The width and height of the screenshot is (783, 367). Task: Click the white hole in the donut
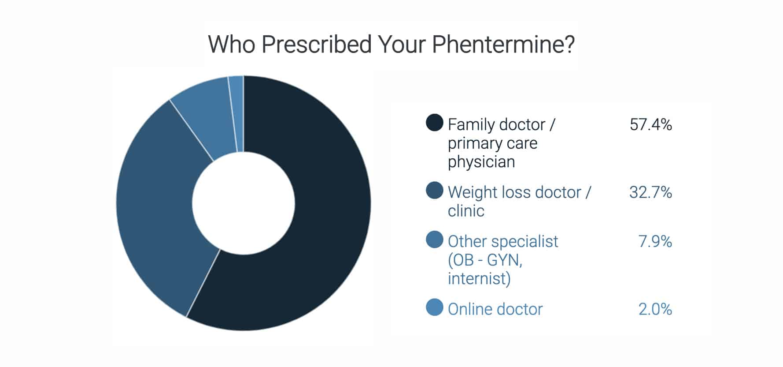(x=244, y=203)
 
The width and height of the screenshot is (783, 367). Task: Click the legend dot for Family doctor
(x=434, y=123)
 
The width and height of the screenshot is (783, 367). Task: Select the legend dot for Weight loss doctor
(x=434, y=191)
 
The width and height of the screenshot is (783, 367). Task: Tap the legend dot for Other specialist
(x=434, y=240)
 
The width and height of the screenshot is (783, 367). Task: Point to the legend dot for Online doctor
(x=434, y=307)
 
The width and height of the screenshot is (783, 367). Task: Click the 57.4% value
(x=650, y=125)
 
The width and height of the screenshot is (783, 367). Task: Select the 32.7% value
(x=650, y=192)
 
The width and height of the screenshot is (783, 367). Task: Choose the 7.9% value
(x=655, y=242)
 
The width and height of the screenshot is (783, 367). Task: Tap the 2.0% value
(x=655, y=309)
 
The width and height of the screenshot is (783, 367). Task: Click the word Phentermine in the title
(x=503, y=44)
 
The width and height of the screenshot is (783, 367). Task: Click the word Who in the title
(x=232, y=44)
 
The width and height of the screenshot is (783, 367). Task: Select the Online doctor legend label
(x=495, y=309)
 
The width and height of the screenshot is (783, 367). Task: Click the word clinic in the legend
(x=466, y=211)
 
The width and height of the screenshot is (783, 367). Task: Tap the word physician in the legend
(x=481, y=162)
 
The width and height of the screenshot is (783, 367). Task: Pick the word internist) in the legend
(x=479, y=279)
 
